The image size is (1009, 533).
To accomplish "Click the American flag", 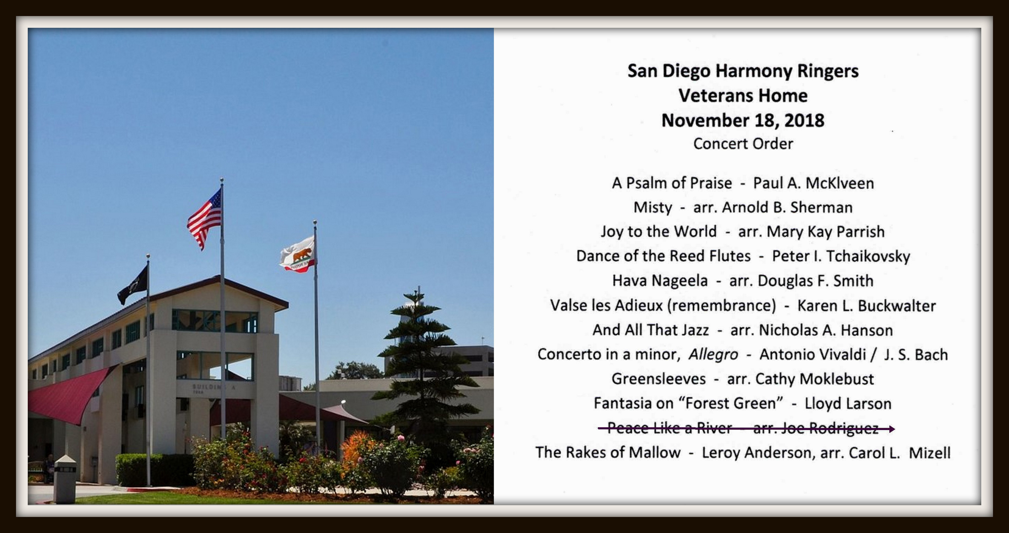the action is click(x=204, y=217).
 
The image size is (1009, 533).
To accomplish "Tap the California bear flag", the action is click(x=297, y=255).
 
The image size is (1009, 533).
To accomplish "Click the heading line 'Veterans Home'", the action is click(x=743, y=96).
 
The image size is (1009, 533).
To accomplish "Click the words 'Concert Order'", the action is click(x=743, y=143).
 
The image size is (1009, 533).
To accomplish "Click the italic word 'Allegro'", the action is click(x=713, y=355).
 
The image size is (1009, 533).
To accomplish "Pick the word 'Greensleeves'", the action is click(x=659, y=379).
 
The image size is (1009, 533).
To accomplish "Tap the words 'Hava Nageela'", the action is click(x=660, y=281).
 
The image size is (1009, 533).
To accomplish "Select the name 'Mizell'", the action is click(x=930, y=453).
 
